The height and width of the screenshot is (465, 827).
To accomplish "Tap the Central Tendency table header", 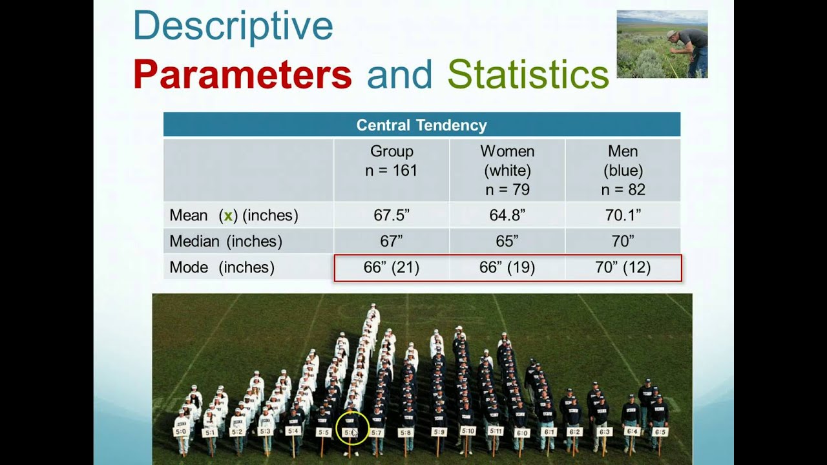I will pos(421,125).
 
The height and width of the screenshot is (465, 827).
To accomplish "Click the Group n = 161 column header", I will pos(392,161).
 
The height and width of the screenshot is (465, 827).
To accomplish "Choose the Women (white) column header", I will pos(507,170).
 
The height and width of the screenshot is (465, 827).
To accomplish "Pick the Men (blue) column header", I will pos(623,170).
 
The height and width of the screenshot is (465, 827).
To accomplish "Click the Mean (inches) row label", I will pos(234,216).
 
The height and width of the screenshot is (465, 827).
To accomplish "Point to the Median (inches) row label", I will pos(225,242).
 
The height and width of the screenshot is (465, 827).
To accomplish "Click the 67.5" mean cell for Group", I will pos(392,216).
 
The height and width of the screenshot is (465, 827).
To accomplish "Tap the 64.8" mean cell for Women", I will pos(507,216).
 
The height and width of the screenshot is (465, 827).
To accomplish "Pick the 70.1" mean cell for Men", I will pos(623,216).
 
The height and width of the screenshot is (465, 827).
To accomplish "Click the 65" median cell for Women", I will pos(507,242).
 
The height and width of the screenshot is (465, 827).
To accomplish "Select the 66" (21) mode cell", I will pos(392,267).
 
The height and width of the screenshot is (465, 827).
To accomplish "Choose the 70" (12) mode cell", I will pos(623,267).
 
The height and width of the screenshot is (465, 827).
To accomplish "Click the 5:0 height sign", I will pos(181,431).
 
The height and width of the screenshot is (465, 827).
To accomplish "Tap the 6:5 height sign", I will pos(660,431).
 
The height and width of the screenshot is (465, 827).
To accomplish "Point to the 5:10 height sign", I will pos(467,431).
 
